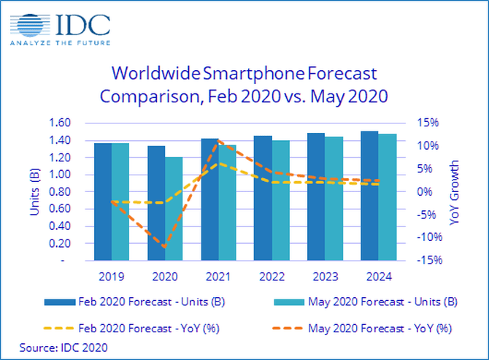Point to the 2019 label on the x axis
pyautogui.click(x=112, y=277)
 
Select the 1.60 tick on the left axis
pyautogui.click(x=61, y=123)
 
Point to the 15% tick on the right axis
pyautogui.click(x=427, y=123)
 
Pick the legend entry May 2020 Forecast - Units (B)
pyautogui.click(x=376, y=301)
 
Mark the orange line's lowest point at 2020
pyautogui.click(x=165, y=247)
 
